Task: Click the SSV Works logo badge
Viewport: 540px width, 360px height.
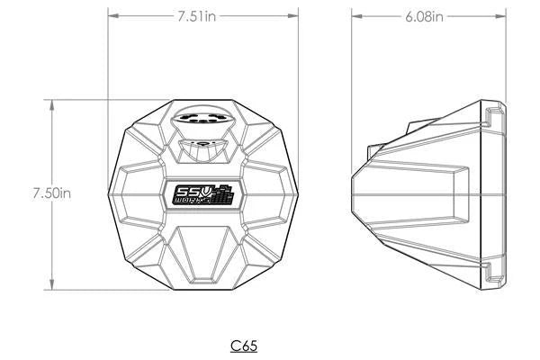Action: (204, 195)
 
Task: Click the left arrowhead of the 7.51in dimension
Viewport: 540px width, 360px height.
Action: (112, 15)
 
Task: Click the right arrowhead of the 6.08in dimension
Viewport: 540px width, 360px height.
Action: (502, 15)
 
